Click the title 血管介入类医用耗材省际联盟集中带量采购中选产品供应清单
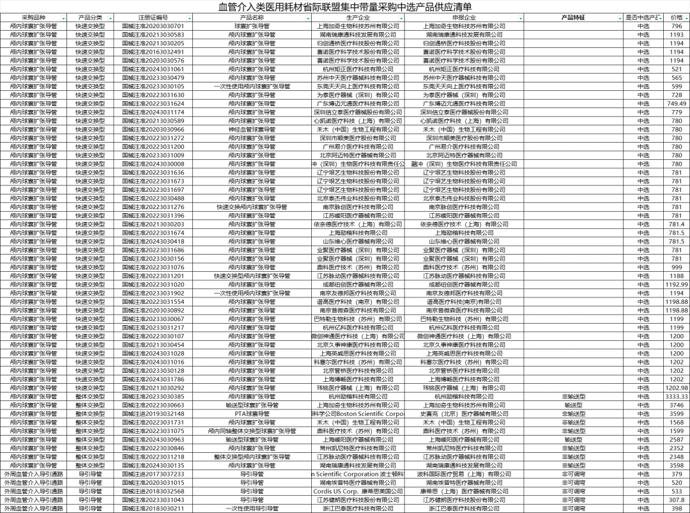click(346, 7)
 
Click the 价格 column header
click(676, 18)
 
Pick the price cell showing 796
click(677, 26)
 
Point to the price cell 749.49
click(677, 104)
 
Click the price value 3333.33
click(677, 397)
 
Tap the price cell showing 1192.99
click(677, 284)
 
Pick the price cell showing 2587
click(677, 439)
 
